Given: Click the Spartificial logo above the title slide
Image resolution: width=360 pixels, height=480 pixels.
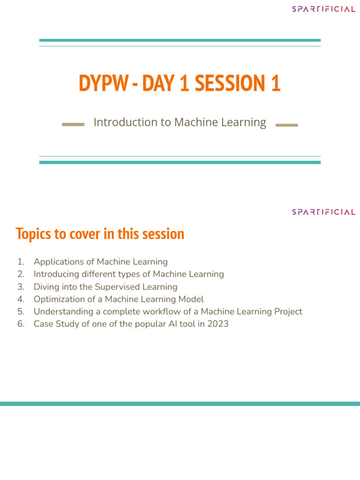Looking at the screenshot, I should click(323, 9).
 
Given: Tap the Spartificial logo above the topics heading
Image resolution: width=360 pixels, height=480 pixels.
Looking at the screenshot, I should click(323, 212).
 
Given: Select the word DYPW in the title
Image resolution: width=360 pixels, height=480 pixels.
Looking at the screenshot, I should click(103, 83).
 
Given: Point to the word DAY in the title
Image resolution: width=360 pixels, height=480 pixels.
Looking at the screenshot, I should click(159, 83).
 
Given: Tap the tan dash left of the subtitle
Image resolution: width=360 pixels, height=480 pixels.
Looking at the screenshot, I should click(73, 125).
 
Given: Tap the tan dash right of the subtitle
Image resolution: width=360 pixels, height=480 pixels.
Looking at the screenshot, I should click(287, 125).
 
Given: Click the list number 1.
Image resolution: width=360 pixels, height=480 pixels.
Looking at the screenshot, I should click(20, 262).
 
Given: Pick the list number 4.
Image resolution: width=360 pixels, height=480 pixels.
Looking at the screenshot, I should click(20, 299).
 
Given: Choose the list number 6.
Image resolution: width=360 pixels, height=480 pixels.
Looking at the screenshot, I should click(20, 324).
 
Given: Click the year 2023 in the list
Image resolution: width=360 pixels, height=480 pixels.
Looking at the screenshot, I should click(217, 324).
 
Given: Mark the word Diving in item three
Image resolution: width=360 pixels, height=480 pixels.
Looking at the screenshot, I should click(45, 286).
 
